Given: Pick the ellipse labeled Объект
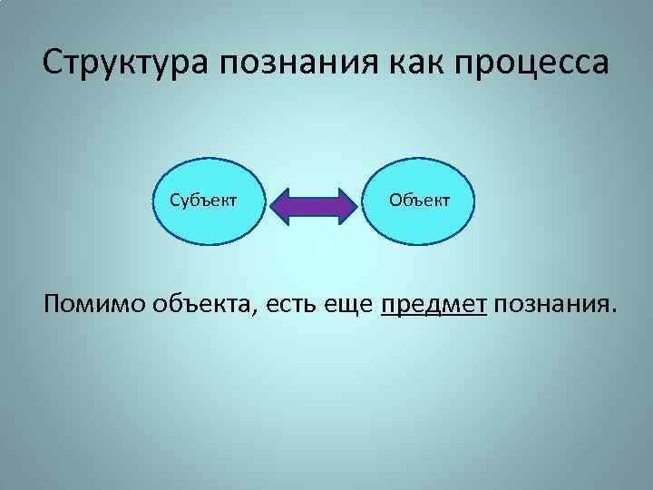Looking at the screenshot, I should (x=419, y=200).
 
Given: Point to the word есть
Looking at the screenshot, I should (x=291, y=306).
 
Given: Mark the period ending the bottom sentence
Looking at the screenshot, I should (x=612, y=315).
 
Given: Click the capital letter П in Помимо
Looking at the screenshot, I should (x=53, y=305).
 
